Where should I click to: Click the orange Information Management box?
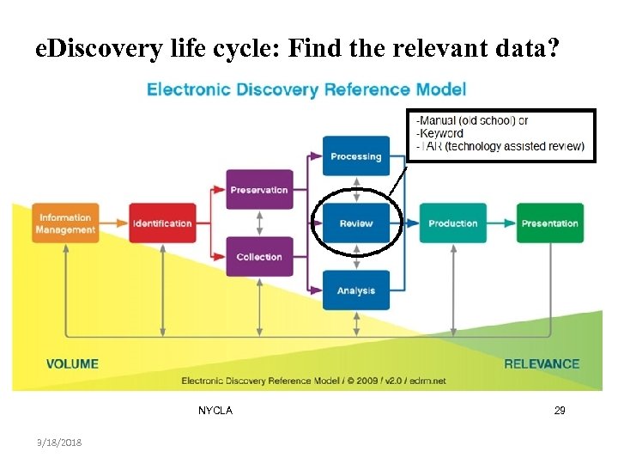pyautogui.click(x=66, y=223)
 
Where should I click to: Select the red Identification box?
pyautogui.click(x=162, y=223)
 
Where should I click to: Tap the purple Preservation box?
pyautogui.click(x=258, y=190)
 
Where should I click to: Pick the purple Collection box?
pyautogui.click(x=258, y=257)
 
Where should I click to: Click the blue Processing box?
pyautogui.click(x=355, y=156)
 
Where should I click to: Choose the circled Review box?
pyautogui.click(x=355, y=223)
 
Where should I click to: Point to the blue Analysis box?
pyautogui.click(x=355, y=290)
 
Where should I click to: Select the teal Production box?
pyautogui.click(x=452, y=223)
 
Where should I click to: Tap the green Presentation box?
pyautogui.click(x=549, y=223)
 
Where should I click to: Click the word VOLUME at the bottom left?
pyautogui.click(x=72, y=364)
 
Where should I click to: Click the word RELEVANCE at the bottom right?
pyautogui.click(x=542, y=364)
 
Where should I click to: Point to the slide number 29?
pyautogui.click(x=560, y=412)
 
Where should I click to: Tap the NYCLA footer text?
pyautogui.click(x=215, y=411)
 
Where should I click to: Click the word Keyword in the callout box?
pyautogui.click(x=441, y=133)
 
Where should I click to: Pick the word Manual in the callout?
pyautogui.click(x=439, y=121)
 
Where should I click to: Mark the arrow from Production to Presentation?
pyautogui.click(x=501, y=223)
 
